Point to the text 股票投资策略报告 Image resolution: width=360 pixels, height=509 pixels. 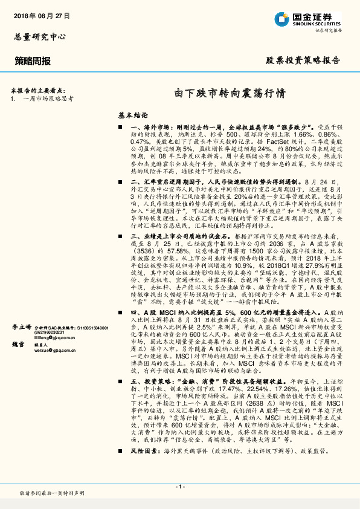[303, 61]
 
